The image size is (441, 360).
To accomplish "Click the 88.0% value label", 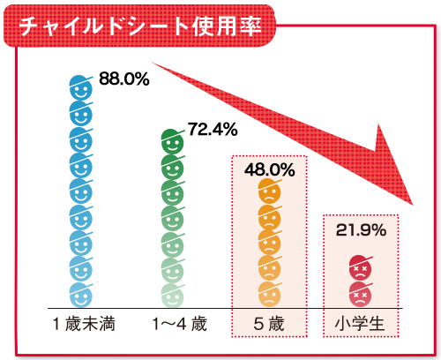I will (123, 79).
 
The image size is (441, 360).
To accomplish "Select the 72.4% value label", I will (213, 130).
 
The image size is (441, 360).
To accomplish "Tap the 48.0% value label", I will (269, 169).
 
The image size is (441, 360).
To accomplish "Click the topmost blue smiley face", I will (81, 88).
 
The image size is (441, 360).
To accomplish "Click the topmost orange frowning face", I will (268, 191).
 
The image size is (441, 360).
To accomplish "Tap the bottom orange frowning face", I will (268, 289).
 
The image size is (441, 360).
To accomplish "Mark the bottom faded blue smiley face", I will (81, 290).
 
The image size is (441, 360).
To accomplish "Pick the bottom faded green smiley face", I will (173, 290).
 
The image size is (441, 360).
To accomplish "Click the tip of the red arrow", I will (421, 204).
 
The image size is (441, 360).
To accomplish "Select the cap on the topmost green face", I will (174, 135).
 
